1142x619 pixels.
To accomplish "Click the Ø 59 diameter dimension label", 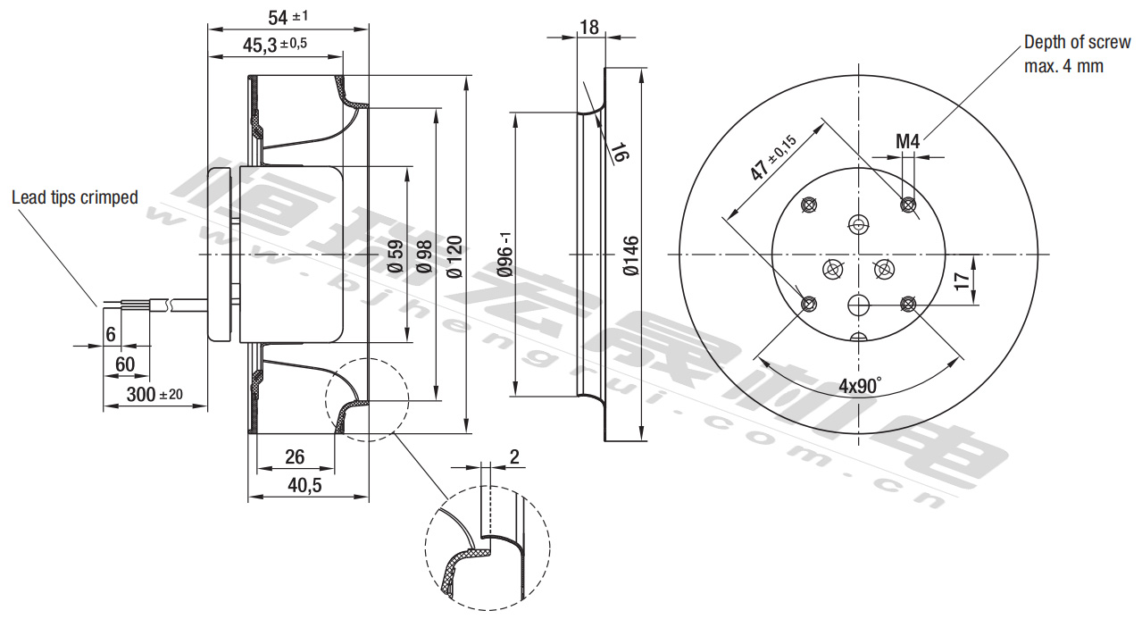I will pos(396,255).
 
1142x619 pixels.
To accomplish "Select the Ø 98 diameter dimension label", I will pos(424,255).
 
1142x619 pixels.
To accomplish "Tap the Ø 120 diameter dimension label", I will pos(454,255).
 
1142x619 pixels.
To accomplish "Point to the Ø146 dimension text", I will pos(631,255).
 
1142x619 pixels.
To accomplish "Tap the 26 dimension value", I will pos(295,457).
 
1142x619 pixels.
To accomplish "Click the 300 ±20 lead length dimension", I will pos(154,394).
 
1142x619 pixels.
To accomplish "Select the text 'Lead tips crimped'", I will pos(75,197).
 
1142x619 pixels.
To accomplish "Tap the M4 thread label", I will pos(908,141).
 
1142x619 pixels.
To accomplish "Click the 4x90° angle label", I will pos(860,387).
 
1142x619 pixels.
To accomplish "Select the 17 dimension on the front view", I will pos(962,280).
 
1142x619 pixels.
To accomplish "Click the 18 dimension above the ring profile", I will pos(588,27).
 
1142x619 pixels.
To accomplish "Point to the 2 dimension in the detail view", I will pos(513,457).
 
